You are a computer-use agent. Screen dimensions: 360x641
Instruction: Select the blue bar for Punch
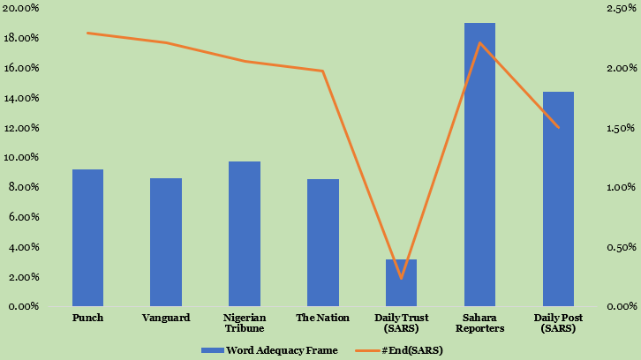pos(87,238)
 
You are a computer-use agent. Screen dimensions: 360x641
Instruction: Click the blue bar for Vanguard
pos(166,243)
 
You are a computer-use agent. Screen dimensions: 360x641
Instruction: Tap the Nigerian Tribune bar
pos(245,234)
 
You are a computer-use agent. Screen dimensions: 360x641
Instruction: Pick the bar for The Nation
pos(323,243)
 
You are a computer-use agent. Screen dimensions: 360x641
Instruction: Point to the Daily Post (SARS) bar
pos(558,199)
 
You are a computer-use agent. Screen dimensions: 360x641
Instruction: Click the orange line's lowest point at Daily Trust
pos(401,278)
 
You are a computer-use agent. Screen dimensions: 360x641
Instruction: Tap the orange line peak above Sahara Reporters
pos(479,42)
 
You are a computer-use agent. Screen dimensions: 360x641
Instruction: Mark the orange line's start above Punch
pos(87,34)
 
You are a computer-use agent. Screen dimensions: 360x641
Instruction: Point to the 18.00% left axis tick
pos(20,39)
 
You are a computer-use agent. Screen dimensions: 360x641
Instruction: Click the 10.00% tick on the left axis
pos(20,158)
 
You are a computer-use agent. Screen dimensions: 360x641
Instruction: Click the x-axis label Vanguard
pos(166,318)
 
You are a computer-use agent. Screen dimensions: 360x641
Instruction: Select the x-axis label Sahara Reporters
pos(479,323)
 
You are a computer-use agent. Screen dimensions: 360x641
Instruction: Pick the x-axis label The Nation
pos(323,318)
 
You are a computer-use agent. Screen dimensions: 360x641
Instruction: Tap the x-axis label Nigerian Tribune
pos(245,323)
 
